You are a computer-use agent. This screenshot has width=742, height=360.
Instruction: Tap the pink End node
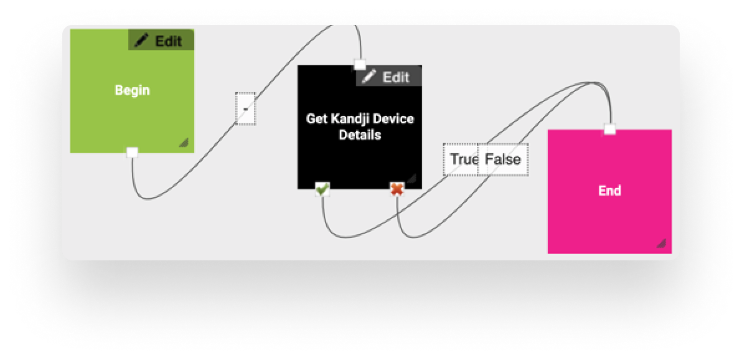pyautogui.click(x=609, y=212)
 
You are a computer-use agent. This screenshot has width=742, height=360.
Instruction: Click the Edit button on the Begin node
pyautogui.click(x=161, y=41)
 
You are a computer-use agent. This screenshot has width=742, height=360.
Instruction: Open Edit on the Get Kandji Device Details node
pyautogui.click(x=388, y=77)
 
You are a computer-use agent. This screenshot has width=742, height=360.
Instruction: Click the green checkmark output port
pyautogui.click(x=322, y=189)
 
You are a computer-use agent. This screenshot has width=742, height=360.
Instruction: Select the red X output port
pyautogui.click(x=397, y=189)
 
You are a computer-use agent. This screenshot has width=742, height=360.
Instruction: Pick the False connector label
pyautogui.click(x=503, y=159)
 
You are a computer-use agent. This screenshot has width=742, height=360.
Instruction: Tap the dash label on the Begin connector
pyautogui.click(x=245, y=109)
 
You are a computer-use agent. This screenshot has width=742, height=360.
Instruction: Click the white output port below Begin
pyautogui.click(x=132, y=152)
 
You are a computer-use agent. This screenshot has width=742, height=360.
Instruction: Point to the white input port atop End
pyautogui.click(x=610, y=129)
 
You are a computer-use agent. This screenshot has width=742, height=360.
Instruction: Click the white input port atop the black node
pyautogui.click(x=359, y=64)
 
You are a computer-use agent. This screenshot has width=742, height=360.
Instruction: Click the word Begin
pyautogui.click(x=132, y=90)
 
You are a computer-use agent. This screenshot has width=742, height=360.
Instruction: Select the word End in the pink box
pyautogui.click(x=609, y=191)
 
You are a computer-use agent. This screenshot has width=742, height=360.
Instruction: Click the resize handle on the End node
pyautogui.click(x=661, y=244)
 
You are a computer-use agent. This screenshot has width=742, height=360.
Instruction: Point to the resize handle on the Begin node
pyautogui.click(x=184, y=143)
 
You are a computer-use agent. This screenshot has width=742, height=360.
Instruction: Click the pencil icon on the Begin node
pyautogui.click(x=142, y=41)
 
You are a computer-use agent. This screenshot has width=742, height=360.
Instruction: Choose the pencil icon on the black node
pyautogui.click(x=369, y=77)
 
